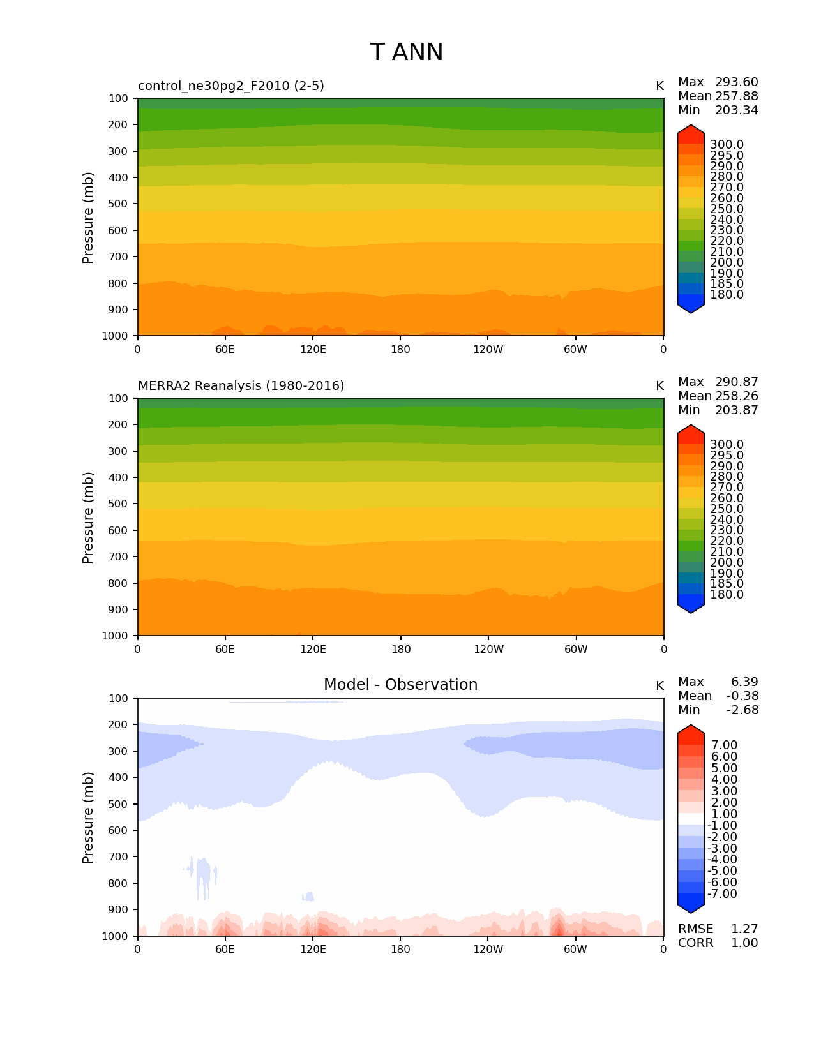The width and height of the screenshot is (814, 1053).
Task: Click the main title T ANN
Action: [406, 52]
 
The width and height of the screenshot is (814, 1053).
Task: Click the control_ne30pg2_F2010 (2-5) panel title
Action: [231, 86]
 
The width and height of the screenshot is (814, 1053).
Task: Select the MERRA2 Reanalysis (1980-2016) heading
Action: [241, 386]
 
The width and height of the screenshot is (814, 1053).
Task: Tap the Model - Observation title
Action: [400, 685]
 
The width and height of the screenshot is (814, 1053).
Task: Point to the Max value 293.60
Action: [736, 82]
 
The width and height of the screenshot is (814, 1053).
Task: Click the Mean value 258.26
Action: [736, 396]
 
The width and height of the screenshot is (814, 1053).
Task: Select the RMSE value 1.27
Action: [744, 929]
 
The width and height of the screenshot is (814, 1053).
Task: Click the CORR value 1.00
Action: [744, 943]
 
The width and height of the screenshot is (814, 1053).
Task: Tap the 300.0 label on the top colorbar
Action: [727, 145]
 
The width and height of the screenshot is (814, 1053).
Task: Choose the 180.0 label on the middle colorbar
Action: [727, 595]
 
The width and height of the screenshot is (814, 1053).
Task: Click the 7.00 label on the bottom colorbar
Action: [724, 745]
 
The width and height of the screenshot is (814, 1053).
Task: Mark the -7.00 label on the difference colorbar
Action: [722, 894]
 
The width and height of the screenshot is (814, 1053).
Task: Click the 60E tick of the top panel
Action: [225, 349]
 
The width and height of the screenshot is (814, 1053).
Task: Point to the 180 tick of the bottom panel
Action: [400, 949]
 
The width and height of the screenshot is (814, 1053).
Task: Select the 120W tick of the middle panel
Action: [488, 649]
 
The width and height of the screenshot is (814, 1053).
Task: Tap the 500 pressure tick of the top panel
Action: [119, 204]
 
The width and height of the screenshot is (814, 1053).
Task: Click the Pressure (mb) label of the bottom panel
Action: [88, 818]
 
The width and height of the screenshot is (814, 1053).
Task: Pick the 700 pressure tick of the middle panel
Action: [119, 557]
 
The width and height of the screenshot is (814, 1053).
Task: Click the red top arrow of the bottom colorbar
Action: [691, 732]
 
